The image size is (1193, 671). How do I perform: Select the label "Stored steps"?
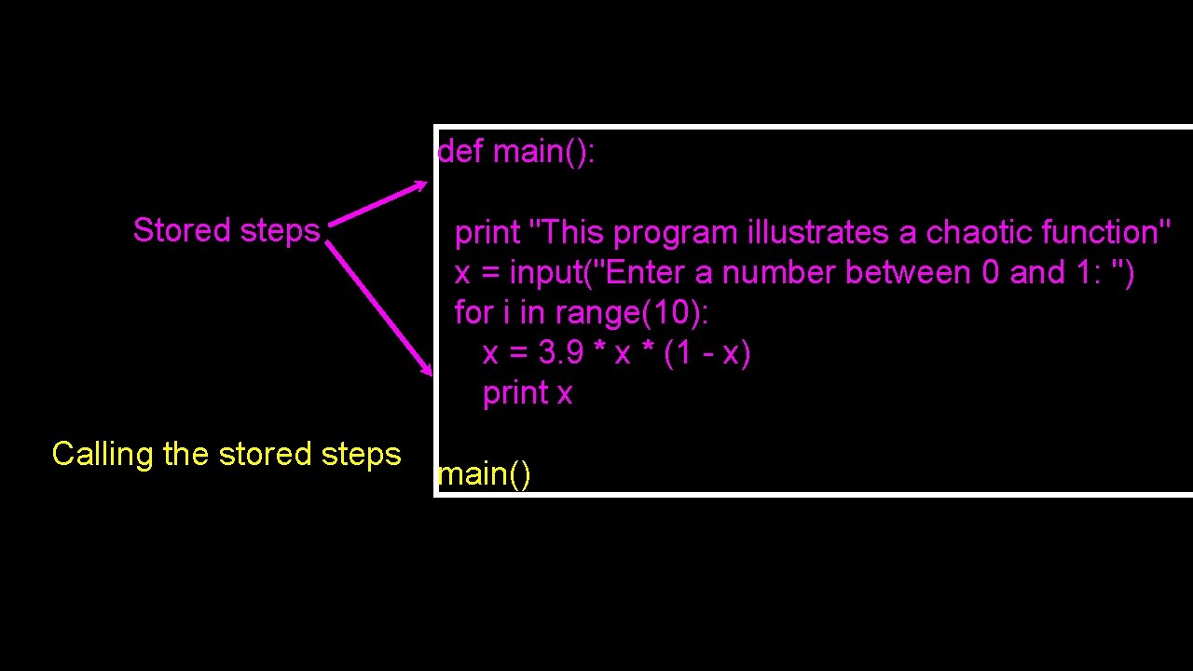click(226, 230)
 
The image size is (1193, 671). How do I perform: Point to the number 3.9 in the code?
click(561, 353)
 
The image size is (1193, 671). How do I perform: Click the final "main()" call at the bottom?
click(484, 474)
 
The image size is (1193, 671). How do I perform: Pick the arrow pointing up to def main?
click(378, 202)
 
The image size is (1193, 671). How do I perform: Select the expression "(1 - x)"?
click(707, 353)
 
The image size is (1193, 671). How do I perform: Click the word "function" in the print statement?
click(1100, 232)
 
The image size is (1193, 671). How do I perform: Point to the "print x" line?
click(528, 393)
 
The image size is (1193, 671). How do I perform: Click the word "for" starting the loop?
click(473, 313)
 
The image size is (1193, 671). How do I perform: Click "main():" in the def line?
click(543, 151)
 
